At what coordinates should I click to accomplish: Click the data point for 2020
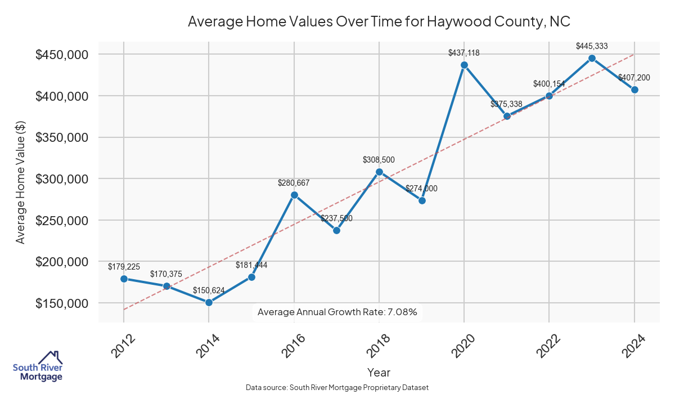point(464,65)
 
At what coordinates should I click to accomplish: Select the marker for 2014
point(209,302)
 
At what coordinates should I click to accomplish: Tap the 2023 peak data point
point(592,58)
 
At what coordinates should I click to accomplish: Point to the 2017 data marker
point(336,230)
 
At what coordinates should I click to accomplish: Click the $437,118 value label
point(464,53)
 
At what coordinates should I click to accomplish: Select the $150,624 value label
point(209,290)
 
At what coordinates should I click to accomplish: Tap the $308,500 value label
point(379,160)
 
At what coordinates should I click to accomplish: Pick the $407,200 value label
point(634,78)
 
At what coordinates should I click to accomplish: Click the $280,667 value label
point(294,183)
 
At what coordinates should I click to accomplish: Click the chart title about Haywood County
point(379,22)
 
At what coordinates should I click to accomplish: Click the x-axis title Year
point(379,372)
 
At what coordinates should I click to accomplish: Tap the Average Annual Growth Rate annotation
point(337,312)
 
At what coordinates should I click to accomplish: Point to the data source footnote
point(337,387)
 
